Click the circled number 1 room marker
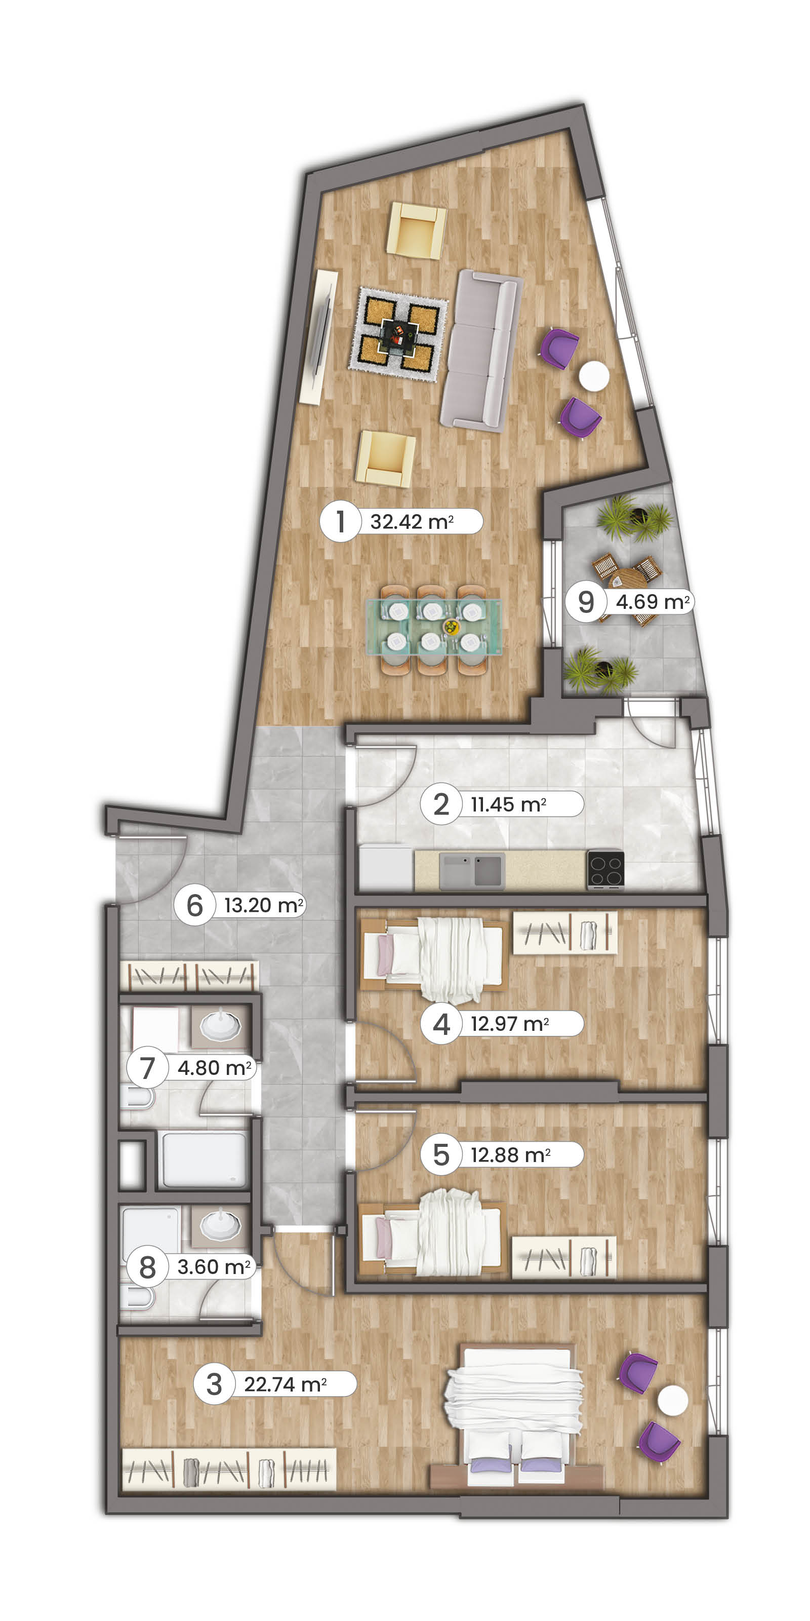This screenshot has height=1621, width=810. (x=341, y=521)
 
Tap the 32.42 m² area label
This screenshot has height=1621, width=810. (x=412, y=522)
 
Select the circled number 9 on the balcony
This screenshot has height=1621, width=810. (x=586, y=602)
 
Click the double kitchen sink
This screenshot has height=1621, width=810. (x=472, y=871)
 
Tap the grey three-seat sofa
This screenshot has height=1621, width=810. (x=481, y=350)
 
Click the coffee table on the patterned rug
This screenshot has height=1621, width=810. (x=398, y=333)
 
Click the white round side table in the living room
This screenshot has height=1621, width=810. (x=594, y=376)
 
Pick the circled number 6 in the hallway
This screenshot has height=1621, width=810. (x=195, y=905)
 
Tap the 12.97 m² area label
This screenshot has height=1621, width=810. (x=510, y=1024)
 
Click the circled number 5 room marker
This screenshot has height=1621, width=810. (x=441, y=1155)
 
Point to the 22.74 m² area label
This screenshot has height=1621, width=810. (x=286, y=1384)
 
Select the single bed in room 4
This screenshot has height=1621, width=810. (x=433, y=959)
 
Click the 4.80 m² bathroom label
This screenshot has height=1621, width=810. (x=215, y=1068)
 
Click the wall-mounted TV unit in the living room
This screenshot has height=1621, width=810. (x=319, y=337)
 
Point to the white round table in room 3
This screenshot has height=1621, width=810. (x=673, y=1401)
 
